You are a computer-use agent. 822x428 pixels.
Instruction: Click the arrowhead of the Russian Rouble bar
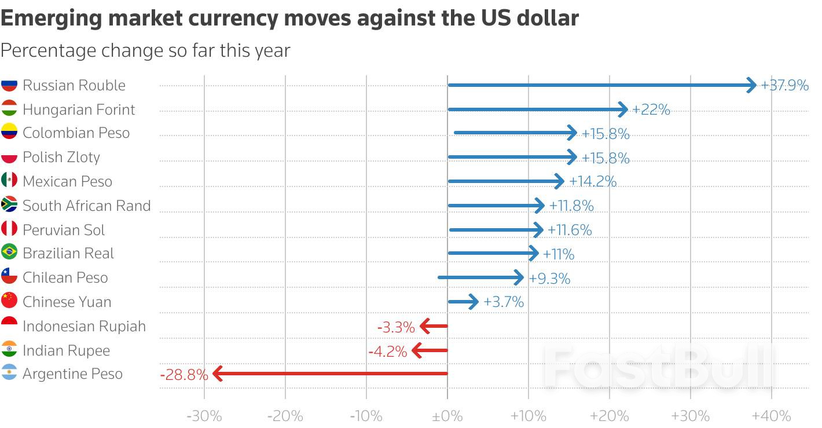coord(751,85)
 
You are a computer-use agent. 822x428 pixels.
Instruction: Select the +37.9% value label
coord(784,86)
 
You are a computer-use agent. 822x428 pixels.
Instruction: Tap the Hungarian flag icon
coord(9,109)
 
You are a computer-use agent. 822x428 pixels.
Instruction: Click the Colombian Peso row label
coord(76,133)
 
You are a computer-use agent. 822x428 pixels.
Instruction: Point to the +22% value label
coord(651,109)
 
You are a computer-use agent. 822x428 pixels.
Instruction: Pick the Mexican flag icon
coord(9,181)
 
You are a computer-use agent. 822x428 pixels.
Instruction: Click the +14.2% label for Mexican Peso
coord(593,182)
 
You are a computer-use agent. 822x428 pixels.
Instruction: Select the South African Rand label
coord(86,206)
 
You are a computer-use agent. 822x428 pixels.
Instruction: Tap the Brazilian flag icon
coord(9,253)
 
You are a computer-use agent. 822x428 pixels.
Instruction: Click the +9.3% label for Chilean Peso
coord(549,279)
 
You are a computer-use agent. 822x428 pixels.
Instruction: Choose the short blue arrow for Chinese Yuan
coord(464,302)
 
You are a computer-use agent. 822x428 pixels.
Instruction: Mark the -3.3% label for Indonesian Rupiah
coord(396,327)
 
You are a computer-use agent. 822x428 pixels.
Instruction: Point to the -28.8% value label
coord(184,375)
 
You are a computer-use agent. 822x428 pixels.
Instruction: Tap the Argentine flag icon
coord(9,374)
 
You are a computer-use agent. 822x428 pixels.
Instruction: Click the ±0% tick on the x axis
coord(447,416)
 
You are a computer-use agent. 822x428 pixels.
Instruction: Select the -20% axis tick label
coord(285,416)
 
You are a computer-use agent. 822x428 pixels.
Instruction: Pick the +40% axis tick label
coord(771,416)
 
